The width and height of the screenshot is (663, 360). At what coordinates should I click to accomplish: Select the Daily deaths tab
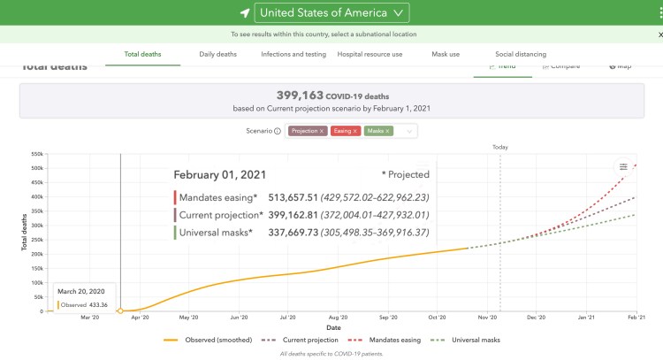(217, 54)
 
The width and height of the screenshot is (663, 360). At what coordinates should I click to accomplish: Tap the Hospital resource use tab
(370, 54)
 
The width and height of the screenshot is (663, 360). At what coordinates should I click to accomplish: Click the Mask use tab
(445, 54)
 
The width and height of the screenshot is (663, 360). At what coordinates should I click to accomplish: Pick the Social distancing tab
(521, 54)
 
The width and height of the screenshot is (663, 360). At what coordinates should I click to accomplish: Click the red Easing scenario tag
(346, 131)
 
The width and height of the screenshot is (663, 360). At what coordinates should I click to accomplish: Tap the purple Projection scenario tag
(307, 131)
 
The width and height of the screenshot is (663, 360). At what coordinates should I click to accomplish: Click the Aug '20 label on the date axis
(338, 316)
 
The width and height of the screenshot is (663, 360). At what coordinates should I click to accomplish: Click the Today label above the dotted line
(500, 147)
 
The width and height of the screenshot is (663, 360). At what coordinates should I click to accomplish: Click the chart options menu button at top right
(623, 167)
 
